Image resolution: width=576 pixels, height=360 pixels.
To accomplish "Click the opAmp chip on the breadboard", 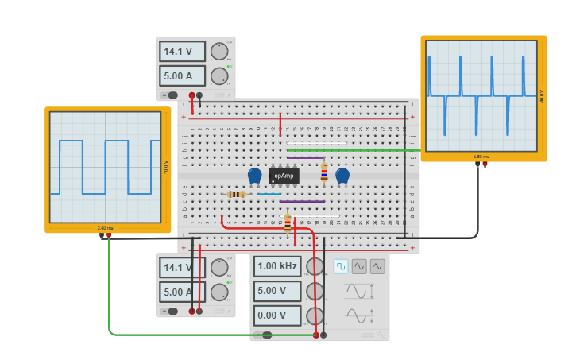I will pyautogui.click(x=284, y=176).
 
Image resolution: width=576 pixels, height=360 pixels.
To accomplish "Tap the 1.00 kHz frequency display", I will pyautogui.click(x=277, y=266).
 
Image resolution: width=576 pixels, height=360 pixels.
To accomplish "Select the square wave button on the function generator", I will pyautogui.click(x=341, y=266).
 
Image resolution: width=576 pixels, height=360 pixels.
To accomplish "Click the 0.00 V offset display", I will pyautogui.click(x=277, y=315).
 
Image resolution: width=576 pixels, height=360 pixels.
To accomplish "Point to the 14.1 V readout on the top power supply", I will pyautogui.click(x=182, y=52).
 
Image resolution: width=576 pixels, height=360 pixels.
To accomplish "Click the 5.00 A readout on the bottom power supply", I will pyautogui.click(x=182, y=292).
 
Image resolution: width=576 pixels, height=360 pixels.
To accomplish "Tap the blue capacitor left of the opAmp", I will pyautogui.click(x=254, y=176).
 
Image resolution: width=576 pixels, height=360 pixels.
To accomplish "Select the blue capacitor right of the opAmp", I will pyautogui.click(x=342, y=176).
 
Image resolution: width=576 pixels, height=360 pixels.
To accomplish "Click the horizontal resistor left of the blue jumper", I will pyautogui.click(x=236, y=194).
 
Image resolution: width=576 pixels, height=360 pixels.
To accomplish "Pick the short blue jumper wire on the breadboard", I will pyautogui.click(x=269, y=194).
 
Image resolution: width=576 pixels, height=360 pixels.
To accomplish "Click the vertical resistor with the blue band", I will pyautogui.click(x=323, y=172).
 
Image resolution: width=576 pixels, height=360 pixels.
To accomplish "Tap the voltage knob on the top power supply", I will pyautogui.click(x=219, y=52).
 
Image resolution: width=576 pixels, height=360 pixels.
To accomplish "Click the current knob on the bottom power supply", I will pyautogui.click(x=219, y=292).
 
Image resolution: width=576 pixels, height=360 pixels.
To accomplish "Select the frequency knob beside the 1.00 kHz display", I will pyautogui.click(x=315, y=267).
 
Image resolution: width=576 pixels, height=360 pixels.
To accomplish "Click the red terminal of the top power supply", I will pyautogui.click(x=191, y=95).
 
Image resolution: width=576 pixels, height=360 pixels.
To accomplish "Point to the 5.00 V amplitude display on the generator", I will pyautogui.click(x=277, y=291).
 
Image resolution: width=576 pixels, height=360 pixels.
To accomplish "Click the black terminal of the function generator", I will pyautogui.click(x=323, y=335).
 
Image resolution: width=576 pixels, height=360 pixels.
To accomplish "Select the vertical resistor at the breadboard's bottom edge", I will pyautogui.click(x=288, y=223).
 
